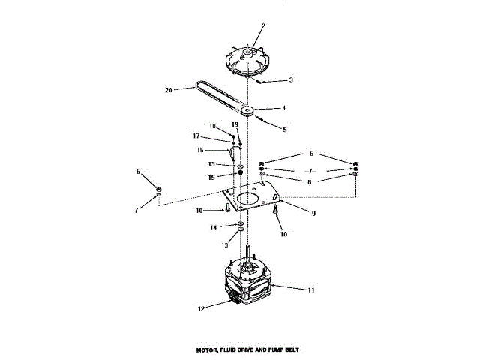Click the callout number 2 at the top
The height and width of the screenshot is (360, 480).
(263, 26)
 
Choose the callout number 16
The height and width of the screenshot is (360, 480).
(199, 150)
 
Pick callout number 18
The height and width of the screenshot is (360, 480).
(212, 125)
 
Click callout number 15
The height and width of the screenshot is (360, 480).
(211, 176)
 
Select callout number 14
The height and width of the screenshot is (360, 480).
(213, 226)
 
